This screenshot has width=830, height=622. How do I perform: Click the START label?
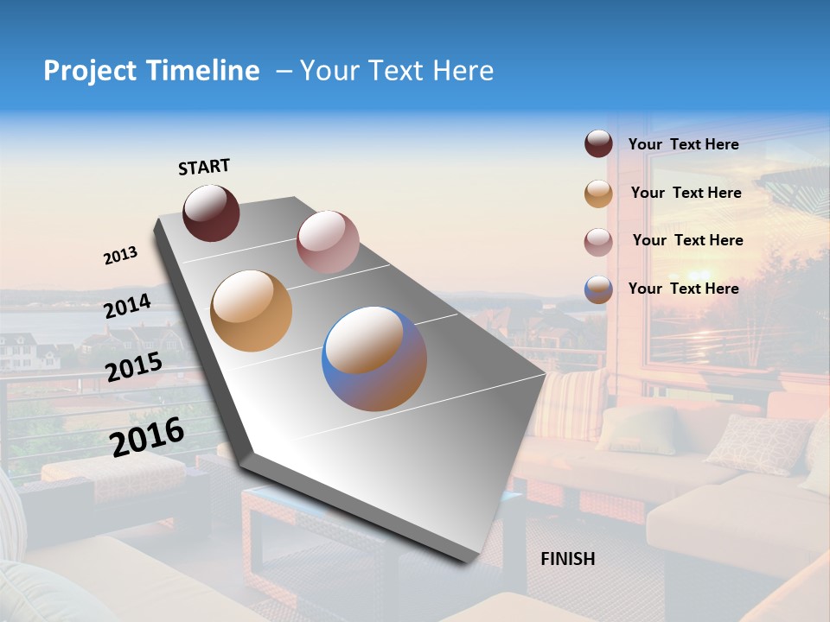pyautogui.click(x=204, y=167)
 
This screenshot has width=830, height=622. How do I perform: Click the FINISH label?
pyautogui.click(x=567, y=559)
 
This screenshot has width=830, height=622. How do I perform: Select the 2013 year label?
pyautogui.click(x=120, y=256)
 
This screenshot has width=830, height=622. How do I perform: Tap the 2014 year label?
pyautogui.click(x=128, y=307)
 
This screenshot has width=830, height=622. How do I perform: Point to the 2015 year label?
pyautogui.click(x=134, y=367)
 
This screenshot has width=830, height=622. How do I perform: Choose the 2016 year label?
pyautogui.click(x=147, y=436)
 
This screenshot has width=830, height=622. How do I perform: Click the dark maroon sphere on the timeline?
pyautogui.click(x=211, y=213)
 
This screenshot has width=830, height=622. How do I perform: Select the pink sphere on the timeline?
pyautogui.click(x=327, y=241)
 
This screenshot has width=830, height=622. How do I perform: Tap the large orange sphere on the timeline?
pyautogui.click(x=251, y=311)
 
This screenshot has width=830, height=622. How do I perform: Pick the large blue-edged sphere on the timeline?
pyautogui.click(x=374, y=359)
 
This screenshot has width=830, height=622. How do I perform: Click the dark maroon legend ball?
pyautogui.click(x=598, y=144)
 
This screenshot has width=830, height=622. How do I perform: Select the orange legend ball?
pyautogui.click(x=598, y=194)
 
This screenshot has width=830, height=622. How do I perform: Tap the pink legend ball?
pyautogui.click(x=598, y=242)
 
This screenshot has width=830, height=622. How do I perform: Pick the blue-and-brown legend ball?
pyautogui.click(x=598, y=289)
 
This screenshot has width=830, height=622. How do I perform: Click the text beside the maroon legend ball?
pyautogui.click(x=683, y=144)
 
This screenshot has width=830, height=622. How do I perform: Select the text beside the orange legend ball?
pyautogui.click(x=686, y=193)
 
